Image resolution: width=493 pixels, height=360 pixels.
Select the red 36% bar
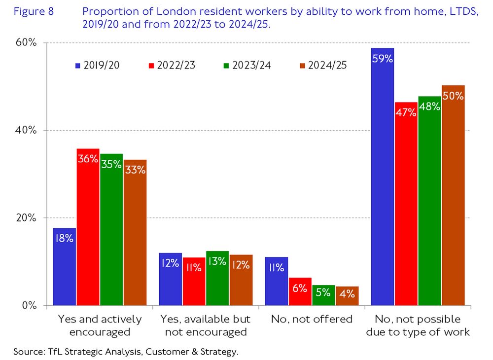[88, 227]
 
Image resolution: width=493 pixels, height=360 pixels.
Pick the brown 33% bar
[135, 232]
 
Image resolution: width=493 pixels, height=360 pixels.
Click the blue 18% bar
[64, 266]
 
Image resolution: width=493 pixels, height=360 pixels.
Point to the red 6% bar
[300, 291]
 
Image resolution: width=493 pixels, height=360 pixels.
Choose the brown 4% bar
[347, 295]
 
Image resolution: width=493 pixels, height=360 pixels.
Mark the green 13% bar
[217, 278]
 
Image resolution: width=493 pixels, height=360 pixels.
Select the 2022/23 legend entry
[171, 65]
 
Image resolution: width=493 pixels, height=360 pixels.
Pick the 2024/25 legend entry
[322, 65]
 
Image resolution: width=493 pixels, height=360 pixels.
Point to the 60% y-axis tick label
[27, 43]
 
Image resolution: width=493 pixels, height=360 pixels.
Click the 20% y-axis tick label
[27, 218]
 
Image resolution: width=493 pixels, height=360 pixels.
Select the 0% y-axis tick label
[29, 305]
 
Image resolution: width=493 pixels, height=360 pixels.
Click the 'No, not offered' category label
[312, 319]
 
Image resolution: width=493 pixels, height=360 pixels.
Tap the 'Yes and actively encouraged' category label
[100, 325]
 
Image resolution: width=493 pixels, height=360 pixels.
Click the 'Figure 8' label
[34, 12]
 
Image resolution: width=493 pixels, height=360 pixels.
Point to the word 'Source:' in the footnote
[29, 352]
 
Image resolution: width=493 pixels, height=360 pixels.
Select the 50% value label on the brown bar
[453, 96]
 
